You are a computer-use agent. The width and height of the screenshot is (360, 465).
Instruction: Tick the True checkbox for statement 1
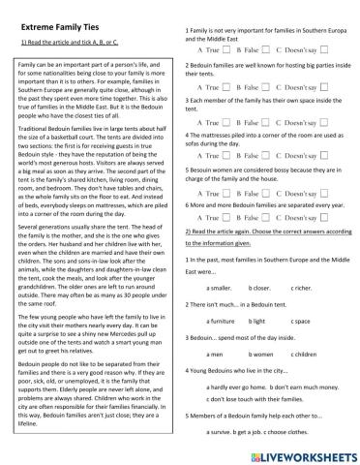coord(225,47)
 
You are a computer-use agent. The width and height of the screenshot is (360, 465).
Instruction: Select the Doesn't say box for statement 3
coord(322,123)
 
